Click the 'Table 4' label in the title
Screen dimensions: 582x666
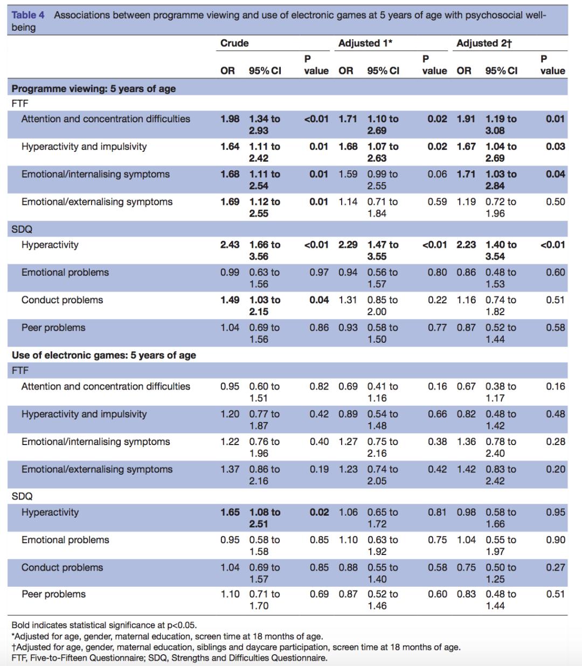point(28,15)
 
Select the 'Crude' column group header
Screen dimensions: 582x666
point(234,43)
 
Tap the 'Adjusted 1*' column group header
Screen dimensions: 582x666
point(365,43)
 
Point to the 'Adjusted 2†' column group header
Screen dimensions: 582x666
point(484,43)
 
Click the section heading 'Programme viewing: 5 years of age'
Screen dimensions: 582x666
point(94,89)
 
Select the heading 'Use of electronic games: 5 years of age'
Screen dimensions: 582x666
point(104,355)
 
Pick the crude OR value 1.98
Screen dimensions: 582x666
point(230,119)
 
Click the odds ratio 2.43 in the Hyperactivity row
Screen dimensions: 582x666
point(230,245)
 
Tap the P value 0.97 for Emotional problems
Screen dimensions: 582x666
point(318,273)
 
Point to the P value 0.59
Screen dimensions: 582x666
point(437,202)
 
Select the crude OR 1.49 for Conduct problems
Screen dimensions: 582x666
point(230,300)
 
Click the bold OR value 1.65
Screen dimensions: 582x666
point(230,512)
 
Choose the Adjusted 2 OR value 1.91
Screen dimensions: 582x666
point(466,119)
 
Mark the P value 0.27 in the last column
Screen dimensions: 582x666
point(556,568)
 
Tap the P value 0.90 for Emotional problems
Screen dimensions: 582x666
point(556,540)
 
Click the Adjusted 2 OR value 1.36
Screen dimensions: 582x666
point(466,442)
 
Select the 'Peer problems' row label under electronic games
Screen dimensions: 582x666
point(53,594)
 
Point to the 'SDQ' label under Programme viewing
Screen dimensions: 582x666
point(22,230)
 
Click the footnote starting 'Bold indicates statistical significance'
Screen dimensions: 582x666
point(104,625)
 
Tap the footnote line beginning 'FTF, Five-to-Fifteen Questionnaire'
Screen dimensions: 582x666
point(169,658)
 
